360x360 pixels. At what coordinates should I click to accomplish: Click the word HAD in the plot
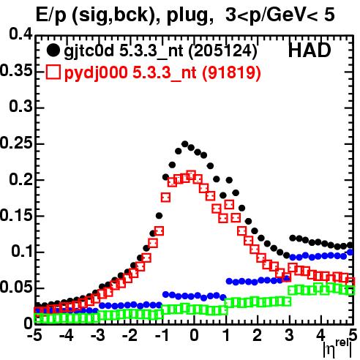(310, 50)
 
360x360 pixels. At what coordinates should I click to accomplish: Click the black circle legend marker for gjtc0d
(53, 50)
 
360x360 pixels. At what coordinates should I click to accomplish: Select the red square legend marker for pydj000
(53, 72)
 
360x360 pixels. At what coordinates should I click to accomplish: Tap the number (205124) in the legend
(222, 51)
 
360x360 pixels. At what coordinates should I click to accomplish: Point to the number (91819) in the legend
(231, 72)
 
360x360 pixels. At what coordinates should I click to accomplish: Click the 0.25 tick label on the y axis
(16, 143)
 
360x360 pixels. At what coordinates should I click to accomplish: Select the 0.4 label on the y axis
(20, 34)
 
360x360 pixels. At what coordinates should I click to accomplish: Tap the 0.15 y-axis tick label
(16, 215)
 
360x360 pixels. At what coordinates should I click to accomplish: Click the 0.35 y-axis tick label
(16, 71)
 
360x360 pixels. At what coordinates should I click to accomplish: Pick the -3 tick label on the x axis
(98, 336)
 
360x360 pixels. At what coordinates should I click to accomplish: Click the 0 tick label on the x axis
(194, 336)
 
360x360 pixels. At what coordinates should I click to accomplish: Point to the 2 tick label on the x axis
(258, 336)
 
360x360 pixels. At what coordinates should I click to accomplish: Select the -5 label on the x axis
(34, 336)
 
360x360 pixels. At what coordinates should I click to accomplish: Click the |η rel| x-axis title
(337, 349)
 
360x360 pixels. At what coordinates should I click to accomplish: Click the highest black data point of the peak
(184, 144)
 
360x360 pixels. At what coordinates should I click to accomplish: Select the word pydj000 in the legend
(96, 72)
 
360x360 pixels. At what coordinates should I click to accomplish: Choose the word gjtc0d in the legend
(89, 51)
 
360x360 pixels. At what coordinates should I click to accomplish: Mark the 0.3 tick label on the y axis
(20, 107)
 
